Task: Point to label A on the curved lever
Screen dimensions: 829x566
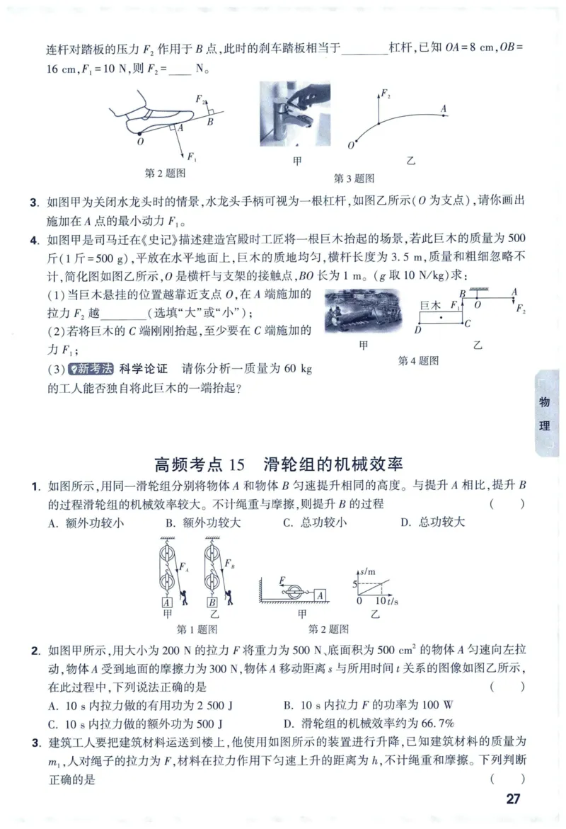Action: click(444, 108)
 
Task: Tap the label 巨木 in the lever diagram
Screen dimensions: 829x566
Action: click(430, 306)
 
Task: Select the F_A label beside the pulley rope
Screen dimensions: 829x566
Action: click(184, 566)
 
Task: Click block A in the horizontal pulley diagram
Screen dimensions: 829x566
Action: click(320, 596)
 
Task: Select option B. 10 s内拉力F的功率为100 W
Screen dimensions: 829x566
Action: click(369, 705)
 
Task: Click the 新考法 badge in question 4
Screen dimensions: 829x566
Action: click(91, 369)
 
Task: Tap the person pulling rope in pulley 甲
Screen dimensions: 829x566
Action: click(184, 598)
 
